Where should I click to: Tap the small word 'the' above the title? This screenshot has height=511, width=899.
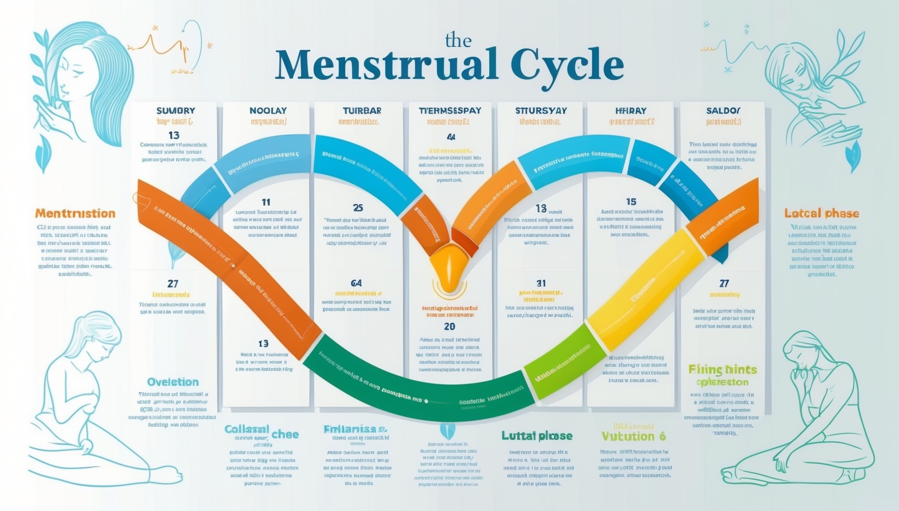458,41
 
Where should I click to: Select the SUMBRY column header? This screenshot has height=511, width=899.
176,111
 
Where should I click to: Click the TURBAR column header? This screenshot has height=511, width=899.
362,111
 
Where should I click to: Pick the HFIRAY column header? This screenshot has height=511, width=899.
631,111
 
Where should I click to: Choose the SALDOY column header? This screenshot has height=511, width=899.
723,111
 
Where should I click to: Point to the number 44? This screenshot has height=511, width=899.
451,137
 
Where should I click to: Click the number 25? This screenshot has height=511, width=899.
358,208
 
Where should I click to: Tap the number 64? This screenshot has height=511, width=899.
356,283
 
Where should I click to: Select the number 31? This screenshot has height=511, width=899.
541,283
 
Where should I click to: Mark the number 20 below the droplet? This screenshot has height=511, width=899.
449,326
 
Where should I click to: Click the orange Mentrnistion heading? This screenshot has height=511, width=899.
75,213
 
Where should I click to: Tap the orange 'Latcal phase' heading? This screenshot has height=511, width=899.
822,213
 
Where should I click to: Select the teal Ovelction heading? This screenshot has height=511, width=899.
173,382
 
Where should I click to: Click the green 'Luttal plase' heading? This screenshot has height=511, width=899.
537,435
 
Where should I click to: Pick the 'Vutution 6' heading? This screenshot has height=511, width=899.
633,436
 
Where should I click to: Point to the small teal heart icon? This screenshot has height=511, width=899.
447,431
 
